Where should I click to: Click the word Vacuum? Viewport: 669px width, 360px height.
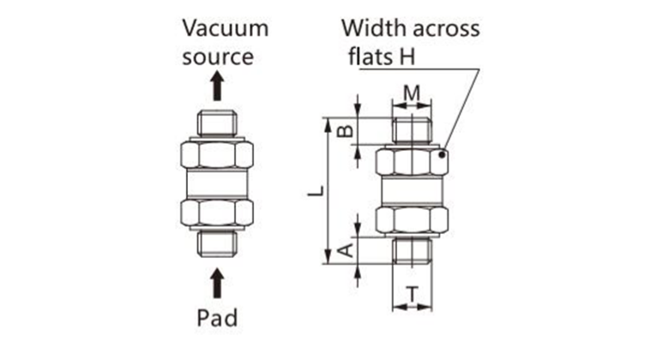(x=226, y=27)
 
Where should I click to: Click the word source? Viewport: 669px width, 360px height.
(x=218, y=57)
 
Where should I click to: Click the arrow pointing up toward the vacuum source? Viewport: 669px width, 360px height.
(x=218, y=87)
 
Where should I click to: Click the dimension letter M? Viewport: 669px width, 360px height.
(x=412, y=92)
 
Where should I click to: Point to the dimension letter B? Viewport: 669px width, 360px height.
(x=343, y=130)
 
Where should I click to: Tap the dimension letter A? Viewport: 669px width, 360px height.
(x=343, y=249)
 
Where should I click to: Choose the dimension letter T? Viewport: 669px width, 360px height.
(x=413, y=295)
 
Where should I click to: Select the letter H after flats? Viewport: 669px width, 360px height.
(x=420, y=57)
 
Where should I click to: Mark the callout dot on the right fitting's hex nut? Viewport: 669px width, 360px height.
(x=442, y=155)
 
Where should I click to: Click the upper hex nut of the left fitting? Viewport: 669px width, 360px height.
(x=218, y=156)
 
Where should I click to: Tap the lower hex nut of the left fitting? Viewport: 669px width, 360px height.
(x=218, y=214)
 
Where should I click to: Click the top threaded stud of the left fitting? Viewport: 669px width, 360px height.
(x=218, y=123)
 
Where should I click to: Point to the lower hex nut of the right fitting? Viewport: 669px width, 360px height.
(x=413, y=219)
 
